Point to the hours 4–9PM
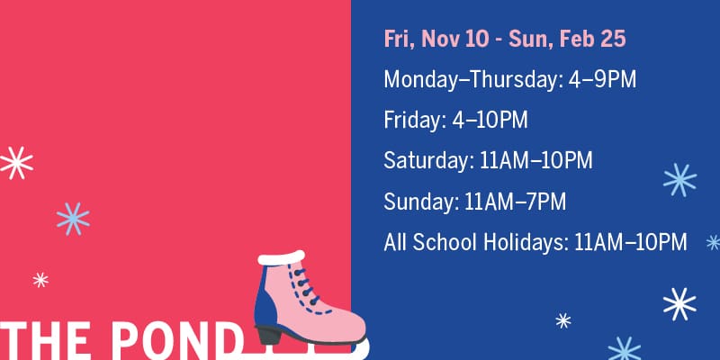(602, 79)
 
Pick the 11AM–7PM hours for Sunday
(515, 202)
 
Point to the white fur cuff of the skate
(282, 257)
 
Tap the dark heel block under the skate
(268, 335)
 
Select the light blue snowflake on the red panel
(73, 219)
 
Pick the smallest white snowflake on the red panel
(40, 280)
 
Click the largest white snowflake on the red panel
(16, 163)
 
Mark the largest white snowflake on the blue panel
(679, 304)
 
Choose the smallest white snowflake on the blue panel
(563, 320)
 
